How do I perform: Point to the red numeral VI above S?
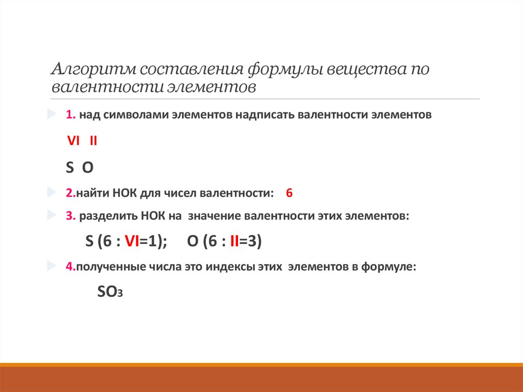tap(74, 141)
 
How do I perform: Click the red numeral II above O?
tap(93, 141)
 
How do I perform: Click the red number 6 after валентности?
tap(289, 193)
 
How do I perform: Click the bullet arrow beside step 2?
tap(52, 192)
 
